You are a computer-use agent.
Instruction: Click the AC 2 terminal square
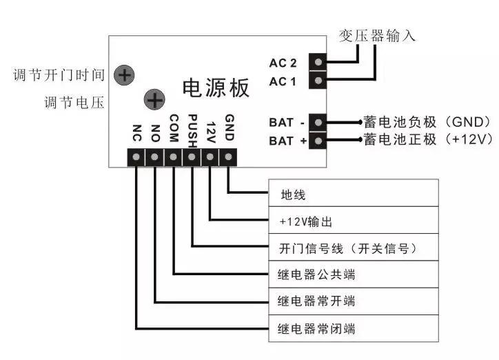click(318, 62)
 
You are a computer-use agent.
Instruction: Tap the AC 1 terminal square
click(318, 81)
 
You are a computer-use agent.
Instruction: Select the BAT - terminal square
click(318, 122)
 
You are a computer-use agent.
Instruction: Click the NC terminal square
click(136, 158)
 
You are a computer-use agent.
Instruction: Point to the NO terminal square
click(155, 158)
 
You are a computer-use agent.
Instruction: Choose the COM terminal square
click(174, 158)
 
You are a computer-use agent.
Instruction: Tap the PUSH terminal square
click(192, 158)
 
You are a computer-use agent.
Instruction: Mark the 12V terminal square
click(210, 158)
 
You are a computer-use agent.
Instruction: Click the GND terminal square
click(229, 158)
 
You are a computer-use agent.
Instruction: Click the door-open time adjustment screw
click(124, 74)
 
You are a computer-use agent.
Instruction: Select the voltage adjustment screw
click(154, 101)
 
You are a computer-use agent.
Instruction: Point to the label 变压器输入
click(377, 35)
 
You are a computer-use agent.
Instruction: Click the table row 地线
click(353, 193)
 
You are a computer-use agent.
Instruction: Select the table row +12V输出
click(353, 221)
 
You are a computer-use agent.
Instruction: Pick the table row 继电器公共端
click(353, 274)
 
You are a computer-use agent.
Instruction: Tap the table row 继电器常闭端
click(353, 328)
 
